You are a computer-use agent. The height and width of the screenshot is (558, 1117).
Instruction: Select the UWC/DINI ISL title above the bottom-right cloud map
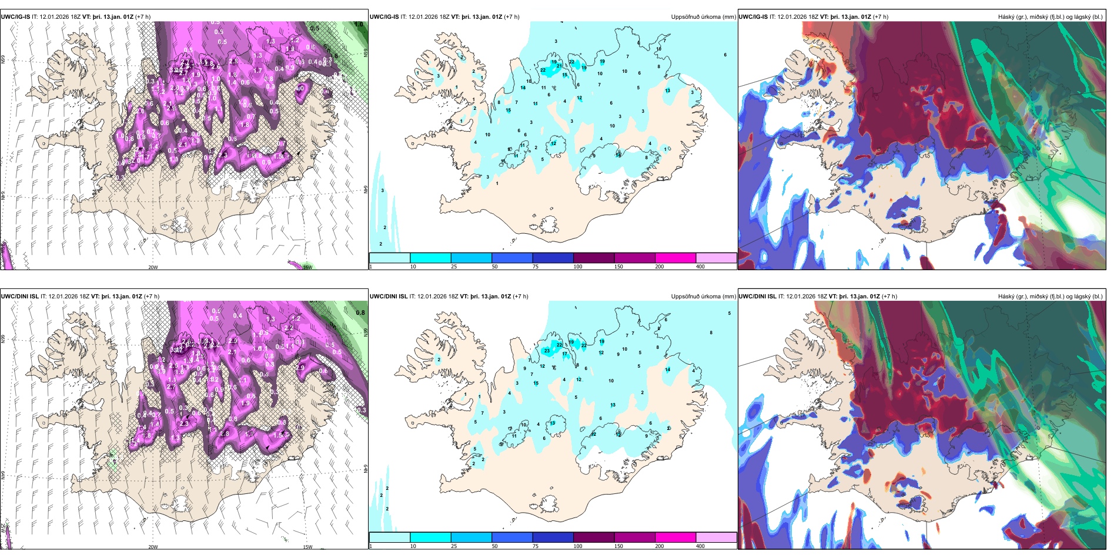pyautogui.click(x=758, y=297)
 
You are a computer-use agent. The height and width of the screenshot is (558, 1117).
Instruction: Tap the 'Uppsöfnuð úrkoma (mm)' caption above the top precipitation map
pyautogui.click(x=703, y=17)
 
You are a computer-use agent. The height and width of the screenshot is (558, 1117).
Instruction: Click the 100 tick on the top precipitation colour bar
pyautogui.click(x=578, y=267)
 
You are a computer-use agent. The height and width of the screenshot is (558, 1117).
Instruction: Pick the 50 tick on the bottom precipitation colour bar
pyautogui.click(x=494, y=546)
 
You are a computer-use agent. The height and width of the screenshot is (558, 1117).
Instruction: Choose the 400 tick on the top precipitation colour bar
pyautogui.click(x=700, y=267)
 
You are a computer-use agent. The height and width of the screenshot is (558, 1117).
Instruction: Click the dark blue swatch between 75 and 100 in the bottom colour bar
pyautogui.click(x=553, y=537)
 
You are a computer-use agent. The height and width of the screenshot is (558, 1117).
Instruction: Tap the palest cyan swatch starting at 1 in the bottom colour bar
pyautogui.click(x=390, y=537)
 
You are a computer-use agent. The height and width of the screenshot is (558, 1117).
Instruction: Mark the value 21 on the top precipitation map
pyautogui.click(x=559, y=66)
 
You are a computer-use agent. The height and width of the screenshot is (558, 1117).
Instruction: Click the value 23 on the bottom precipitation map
pyautogui.click(x=547, y=351)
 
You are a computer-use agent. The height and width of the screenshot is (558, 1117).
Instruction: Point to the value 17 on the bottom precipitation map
pyautogui.click(x=565, y=354)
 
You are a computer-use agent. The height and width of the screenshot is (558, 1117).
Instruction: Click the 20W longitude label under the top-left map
pyautogui.click(x=153, y=267)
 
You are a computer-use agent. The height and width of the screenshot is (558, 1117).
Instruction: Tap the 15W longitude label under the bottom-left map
pyautogui.click(x=307, y=547)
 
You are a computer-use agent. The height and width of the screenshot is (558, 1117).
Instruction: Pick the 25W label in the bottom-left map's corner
pyautogui.click(x=2, y=527)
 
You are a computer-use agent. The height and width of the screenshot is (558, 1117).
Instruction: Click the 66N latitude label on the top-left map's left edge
pyautogui.click(x=3, y=60)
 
